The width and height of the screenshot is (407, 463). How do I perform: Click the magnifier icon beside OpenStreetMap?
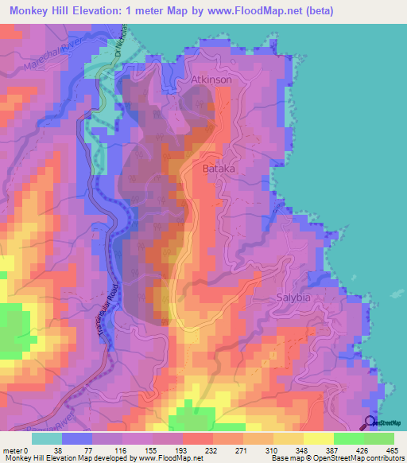coord(371,423)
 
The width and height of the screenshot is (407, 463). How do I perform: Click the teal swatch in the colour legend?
coord(47,438)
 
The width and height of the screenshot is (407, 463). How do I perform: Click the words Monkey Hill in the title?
coord(37,10)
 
